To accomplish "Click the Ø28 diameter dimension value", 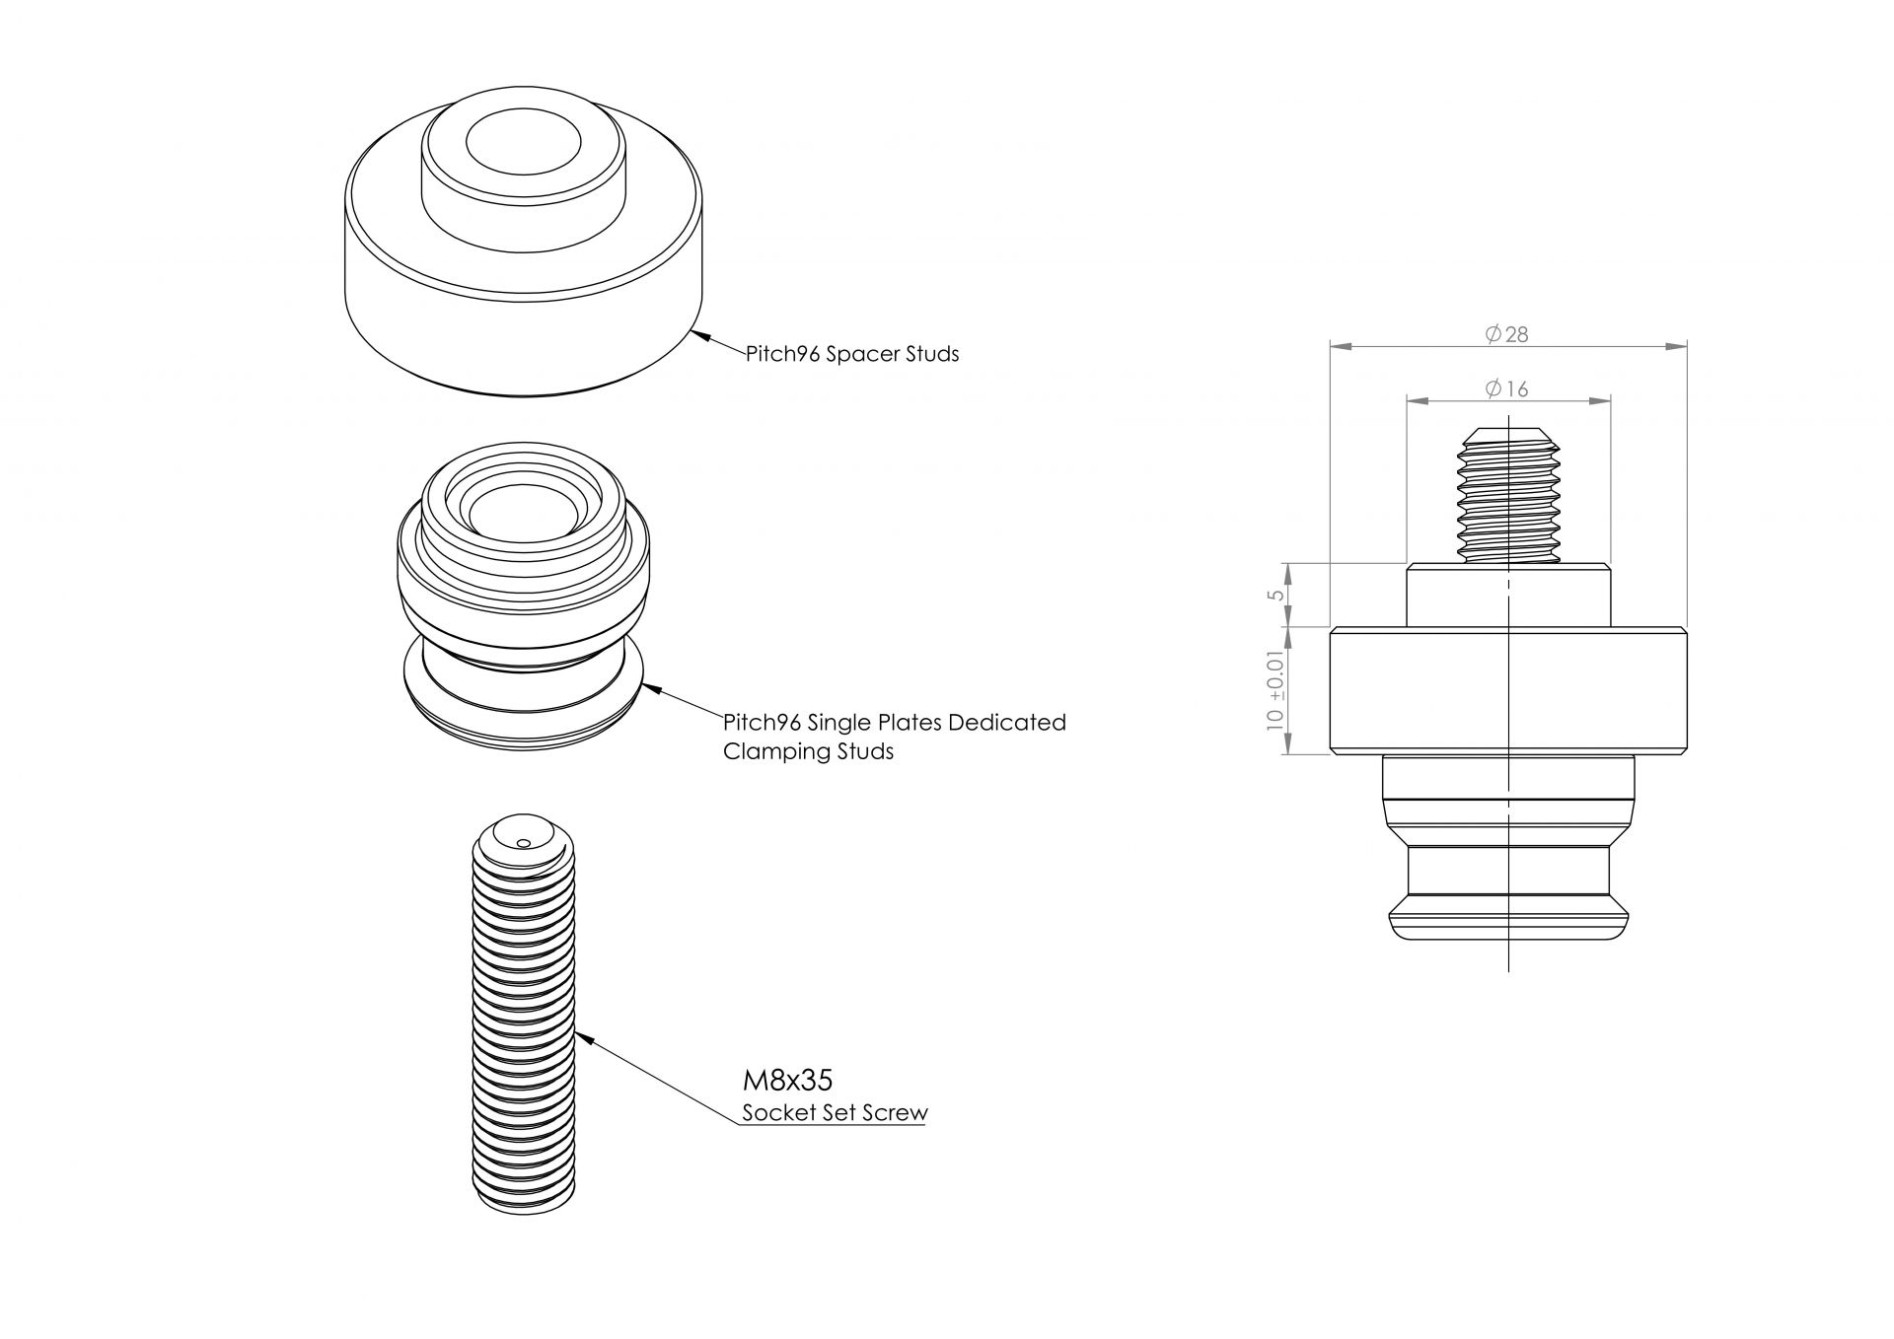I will pos(1507,335).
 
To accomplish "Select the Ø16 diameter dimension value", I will pos(1507,389).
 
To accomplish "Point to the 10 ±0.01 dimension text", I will pos(1276,690).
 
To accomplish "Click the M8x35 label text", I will pos(787,1081).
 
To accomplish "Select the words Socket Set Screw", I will pos(835,1113).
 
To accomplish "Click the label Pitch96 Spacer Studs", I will pos(852,354).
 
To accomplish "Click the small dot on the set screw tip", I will pos(523,842).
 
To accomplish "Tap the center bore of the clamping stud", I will pos(523,513).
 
